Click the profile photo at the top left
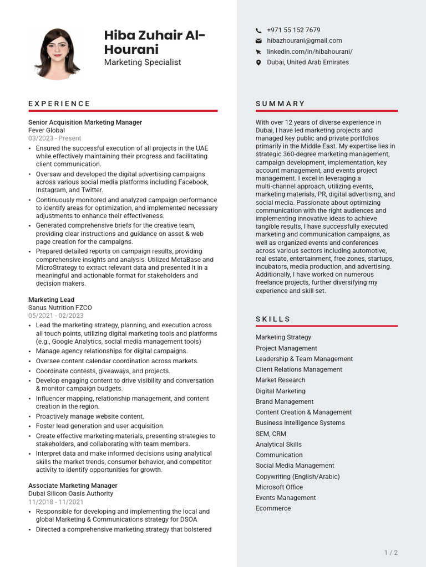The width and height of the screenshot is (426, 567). [57, 54]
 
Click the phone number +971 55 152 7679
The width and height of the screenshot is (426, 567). [293, 30]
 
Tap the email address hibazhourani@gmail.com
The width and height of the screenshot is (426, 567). [304, 40]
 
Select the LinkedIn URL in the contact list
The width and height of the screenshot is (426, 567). [310, 51]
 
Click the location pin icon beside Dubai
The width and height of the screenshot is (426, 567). [258, 63]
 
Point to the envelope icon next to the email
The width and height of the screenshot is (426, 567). [258, 41]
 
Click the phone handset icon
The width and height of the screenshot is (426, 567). [258, 30]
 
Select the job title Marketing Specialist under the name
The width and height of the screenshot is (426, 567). [143, 62]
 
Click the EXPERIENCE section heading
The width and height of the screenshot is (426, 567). [59, 104]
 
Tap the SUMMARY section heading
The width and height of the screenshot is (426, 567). [280, 104]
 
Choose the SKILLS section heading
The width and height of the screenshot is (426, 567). [273, 319]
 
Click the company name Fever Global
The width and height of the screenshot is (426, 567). [47, 130]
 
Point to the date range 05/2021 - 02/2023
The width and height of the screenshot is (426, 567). [56, 316]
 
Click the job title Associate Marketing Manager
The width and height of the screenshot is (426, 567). [73, 486]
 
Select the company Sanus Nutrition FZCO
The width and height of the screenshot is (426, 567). [60, 307]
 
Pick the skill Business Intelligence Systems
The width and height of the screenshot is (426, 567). [300, 423]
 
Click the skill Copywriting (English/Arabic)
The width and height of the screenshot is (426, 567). [297, 477]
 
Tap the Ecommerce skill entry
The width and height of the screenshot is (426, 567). [273, 508]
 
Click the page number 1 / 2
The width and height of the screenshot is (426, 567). [390, 553]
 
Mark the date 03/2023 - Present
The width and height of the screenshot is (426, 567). [54, 138]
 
